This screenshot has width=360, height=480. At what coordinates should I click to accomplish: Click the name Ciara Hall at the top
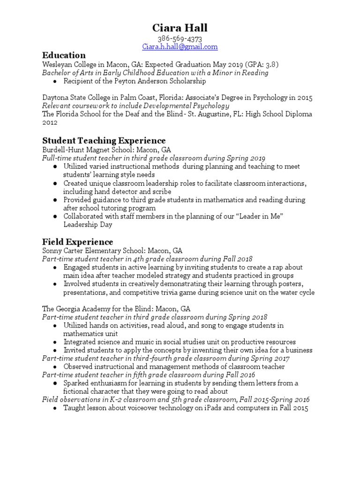180,28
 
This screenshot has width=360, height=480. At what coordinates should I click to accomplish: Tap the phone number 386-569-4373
180,39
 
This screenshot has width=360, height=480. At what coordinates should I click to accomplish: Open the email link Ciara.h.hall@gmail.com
180,47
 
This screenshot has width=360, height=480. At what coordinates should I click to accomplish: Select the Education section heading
64,55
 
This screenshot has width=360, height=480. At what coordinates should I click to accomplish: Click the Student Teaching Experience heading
104,141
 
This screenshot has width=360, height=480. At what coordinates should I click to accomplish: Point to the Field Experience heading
77,242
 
